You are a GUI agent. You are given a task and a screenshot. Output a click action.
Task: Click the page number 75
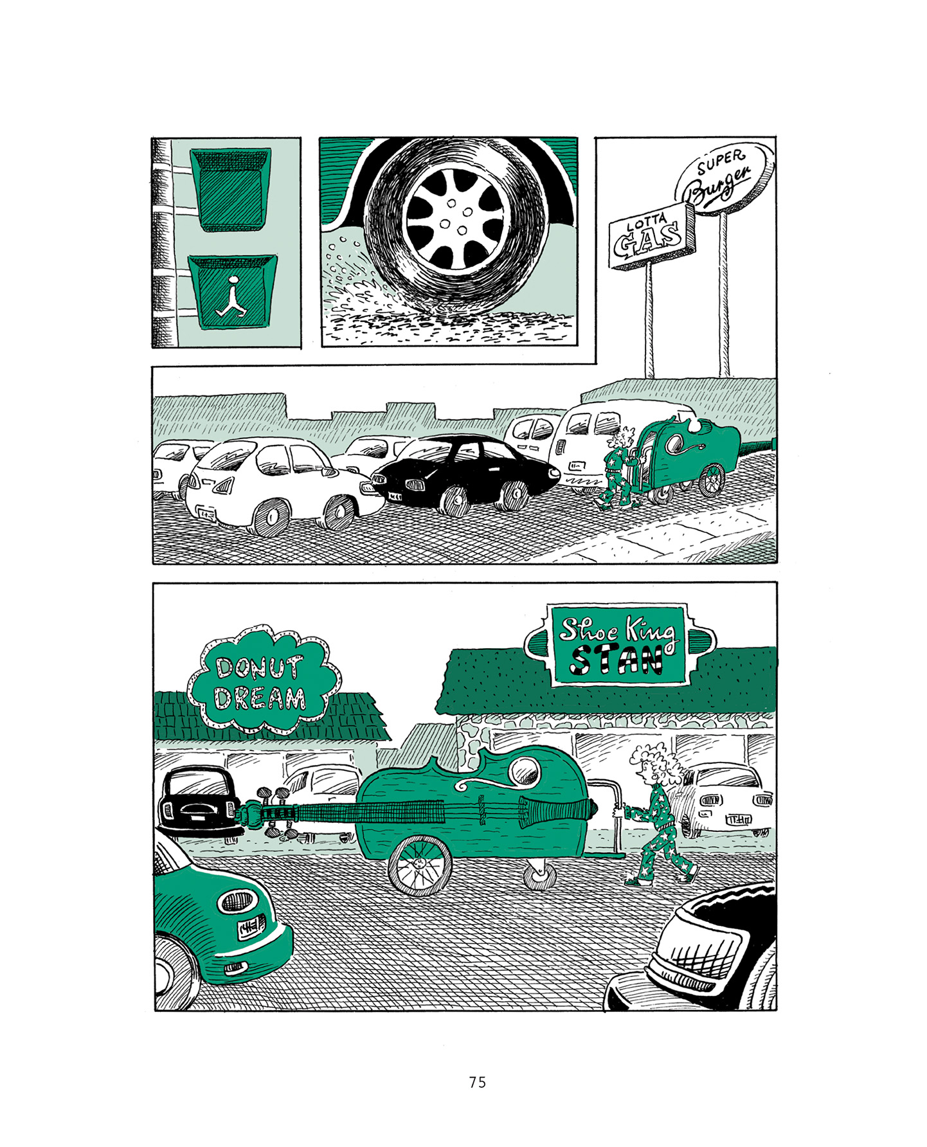click(477, 1082)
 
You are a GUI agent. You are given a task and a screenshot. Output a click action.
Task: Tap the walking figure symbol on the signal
click(231, 298)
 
